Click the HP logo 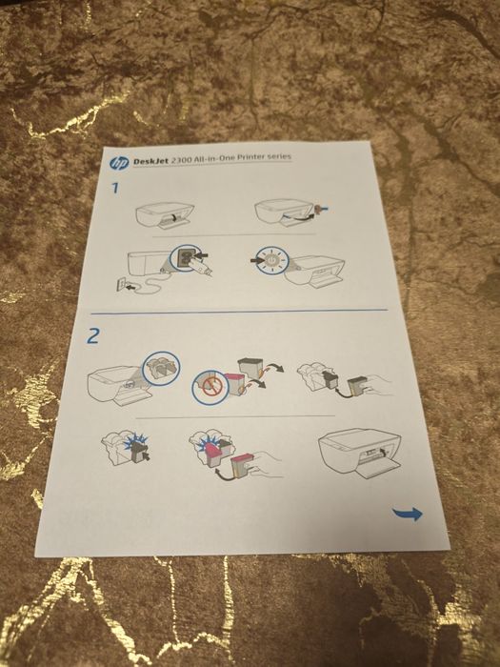tap(119, 163)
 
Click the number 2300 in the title tap(181, 160)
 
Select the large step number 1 tap(115, 188)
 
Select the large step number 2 tap(92, 335)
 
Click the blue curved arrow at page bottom tap(408, 514)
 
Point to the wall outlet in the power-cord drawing tap(122, 284)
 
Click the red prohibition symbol tap(210, 386)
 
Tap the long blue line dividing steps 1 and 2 tap(239, 312)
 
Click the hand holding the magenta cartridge tap(267, 465)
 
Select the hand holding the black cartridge tap(378, 386)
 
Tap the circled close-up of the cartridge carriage tap(161, 369)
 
